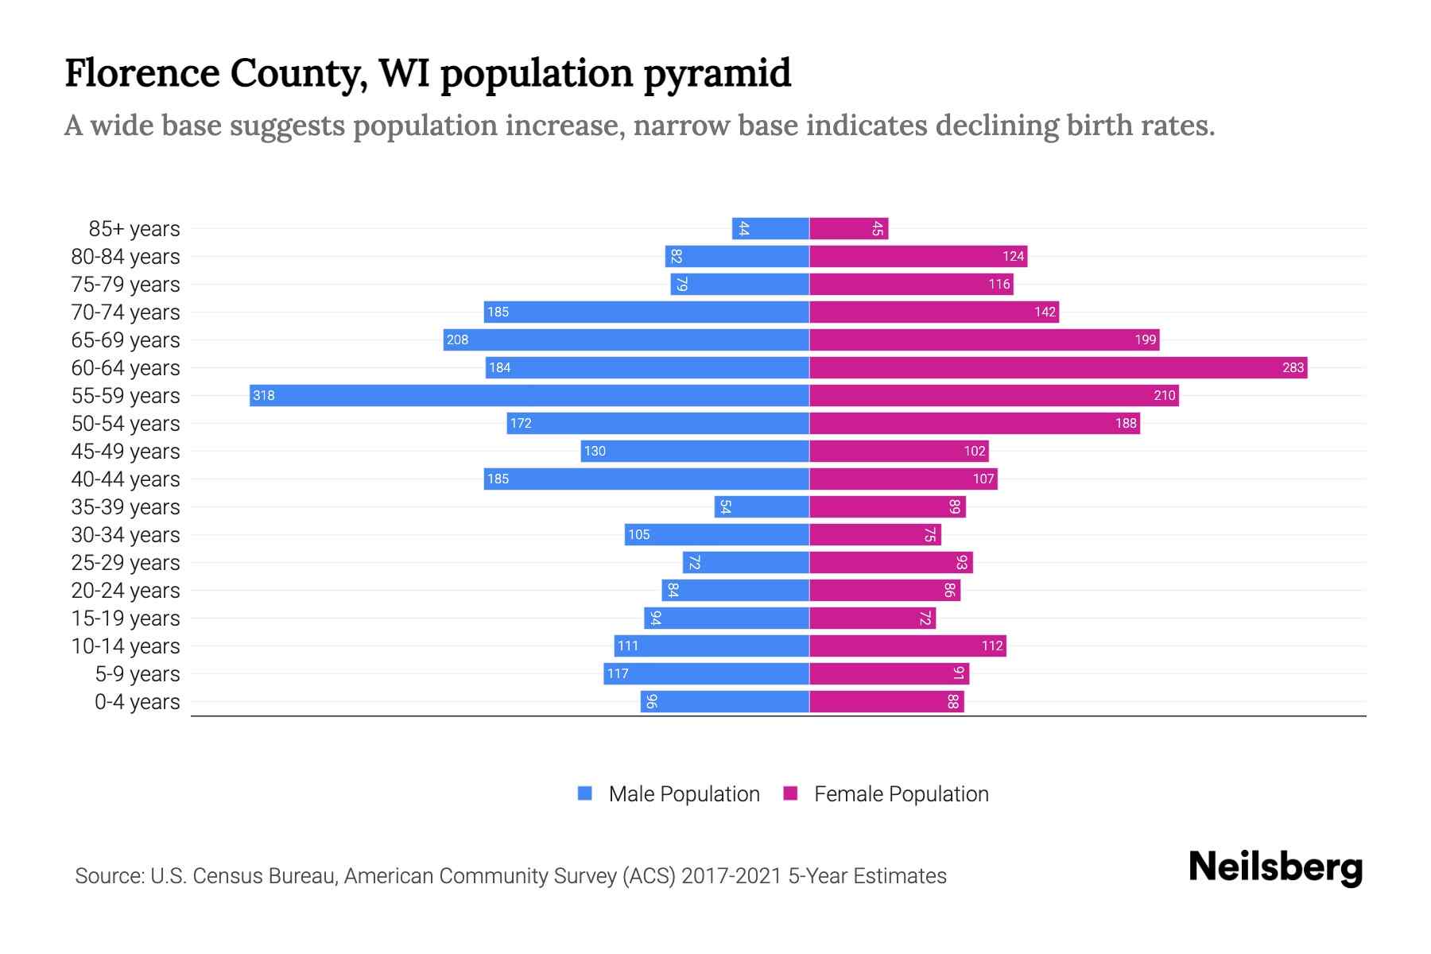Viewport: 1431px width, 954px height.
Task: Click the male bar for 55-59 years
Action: point(529,395)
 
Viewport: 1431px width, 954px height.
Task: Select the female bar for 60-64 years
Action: point(1058,367)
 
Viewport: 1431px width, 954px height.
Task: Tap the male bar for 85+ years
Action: point(770,229)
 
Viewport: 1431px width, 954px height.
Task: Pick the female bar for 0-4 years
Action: point(886,701)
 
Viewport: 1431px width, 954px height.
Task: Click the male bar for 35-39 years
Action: point(762,507)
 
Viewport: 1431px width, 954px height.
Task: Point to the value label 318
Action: point(263,396)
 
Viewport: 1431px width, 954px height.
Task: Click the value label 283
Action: point(1293,367)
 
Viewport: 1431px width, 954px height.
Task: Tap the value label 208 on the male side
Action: point(457,340)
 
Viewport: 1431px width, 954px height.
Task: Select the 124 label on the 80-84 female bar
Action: point(1013,257)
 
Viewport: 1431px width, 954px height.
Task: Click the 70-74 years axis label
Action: point(126,312)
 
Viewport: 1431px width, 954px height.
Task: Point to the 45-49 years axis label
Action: point(126,452)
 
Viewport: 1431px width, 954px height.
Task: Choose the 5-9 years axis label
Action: point(137,674)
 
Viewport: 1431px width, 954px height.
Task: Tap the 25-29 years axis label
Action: point(126,563)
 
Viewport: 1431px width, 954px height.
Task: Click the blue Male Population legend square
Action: point(585,793)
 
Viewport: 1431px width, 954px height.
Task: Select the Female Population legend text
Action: point(901,794)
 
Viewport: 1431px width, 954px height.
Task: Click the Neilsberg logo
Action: point(1275,868)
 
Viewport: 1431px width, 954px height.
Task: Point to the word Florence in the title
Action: point(142,73)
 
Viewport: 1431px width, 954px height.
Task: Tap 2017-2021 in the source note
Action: point(731,876)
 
